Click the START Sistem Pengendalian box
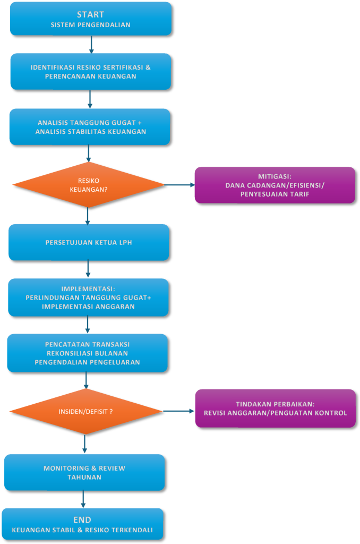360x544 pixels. [91, 19]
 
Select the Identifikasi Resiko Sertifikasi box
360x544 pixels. [91, 72]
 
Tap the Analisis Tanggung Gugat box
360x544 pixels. [90, 127]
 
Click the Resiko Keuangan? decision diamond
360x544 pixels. [89, 185]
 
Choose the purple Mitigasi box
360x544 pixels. [275, 185]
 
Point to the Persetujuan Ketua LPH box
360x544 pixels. [89, 242]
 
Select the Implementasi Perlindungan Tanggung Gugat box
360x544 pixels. [88, 297]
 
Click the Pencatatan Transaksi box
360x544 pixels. [88, 353]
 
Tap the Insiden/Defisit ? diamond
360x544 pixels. [85, 412]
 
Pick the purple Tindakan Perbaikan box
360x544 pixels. [275, 408]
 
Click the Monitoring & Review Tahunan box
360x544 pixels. [84, 472]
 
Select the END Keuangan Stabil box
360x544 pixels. [82, 524]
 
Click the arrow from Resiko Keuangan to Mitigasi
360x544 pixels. [179, 185]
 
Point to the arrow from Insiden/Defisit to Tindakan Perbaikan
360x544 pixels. [178, 411]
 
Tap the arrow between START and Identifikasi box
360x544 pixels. [91, 45]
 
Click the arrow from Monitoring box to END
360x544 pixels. [83, 499]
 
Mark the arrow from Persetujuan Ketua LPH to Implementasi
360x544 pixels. [88, 269]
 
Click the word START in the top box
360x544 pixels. [91, 14]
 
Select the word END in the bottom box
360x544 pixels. [82, 520]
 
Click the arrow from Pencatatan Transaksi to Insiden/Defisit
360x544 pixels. [86, 380]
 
